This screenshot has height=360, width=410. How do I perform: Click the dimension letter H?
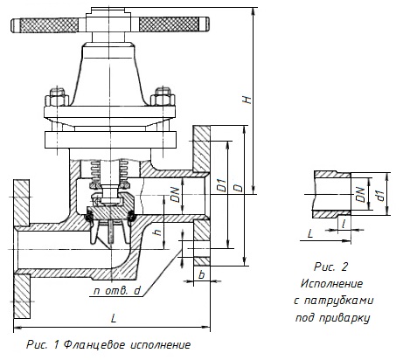[x=247, y=100]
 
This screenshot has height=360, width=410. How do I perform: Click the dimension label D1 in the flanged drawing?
[x=222, y=185]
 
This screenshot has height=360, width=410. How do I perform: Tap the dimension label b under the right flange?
[x=201, y=274]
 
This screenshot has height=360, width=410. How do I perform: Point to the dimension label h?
[x=157, y=232]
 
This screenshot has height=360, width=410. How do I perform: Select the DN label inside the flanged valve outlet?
[x=175, y=194]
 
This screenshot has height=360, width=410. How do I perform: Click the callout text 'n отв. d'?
[x=117, y=290]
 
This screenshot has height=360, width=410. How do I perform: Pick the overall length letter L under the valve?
[x=114, y=318]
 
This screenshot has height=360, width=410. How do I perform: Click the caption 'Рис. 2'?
[x=330, y=267]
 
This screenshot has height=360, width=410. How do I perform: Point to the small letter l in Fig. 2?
[x=344, y=224]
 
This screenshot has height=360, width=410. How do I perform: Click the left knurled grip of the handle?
[x=45, y=24]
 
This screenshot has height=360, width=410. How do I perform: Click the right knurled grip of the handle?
[x=174, y=24]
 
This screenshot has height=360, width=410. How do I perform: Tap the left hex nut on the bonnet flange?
[x=57, y=97]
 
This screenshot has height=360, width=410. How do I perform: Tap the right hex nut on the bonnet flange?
[x=163, y=96]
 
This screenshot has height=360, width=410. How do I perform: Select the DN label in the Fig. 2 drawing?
[x=360, y=194]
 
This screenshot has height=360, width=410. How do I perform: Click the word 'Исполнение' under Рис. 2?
[x=332, y=283]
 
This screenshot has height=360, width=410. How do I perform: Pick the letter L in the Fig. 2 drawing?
[x=310, y=233]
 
